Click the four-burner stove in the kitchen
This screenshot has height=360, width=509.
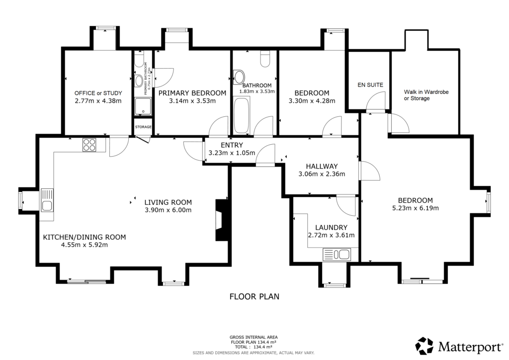pos(89,145)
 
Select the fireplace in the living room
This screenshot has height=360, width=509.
pos(220,220)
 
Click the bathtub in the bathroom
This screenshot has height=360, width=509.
pos(242,115)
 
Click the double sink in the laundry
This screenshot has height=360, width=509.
pos(337,255)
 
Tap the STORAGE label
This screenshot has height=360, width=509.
pos(143,127)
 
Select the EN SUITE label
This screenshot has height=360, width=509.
pos(370,85)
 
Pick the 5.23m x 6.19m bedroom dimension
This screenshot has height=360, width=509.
pos(415,208)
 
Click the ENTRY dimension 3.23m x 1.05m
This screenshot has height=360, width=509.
pos(229,153)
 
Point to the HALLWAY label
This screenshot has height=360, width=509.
pos(322,166)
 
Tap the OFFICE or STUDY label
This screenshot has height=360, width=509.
pos(98,93)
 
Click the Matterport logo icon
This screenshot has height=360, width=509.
pos(425,346)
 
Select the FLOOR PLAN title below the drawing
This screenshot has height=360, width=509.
pos(254,297)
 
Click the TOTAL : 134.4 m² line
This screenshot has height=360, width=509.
pos(254,347)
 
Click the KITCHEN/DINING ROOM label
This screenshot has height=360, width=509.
pos(84,237)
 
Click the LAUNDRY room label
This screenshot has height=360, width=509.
pos(331,228)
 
